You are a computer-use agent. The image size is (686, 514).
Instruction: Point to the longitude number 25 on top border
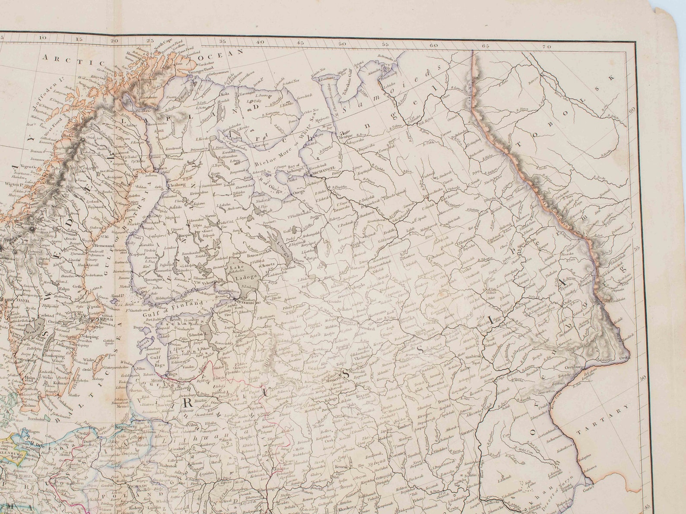(x=150, y=41)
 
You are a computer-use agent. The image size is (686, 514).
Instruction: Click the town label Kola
(x=225, y=93)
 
